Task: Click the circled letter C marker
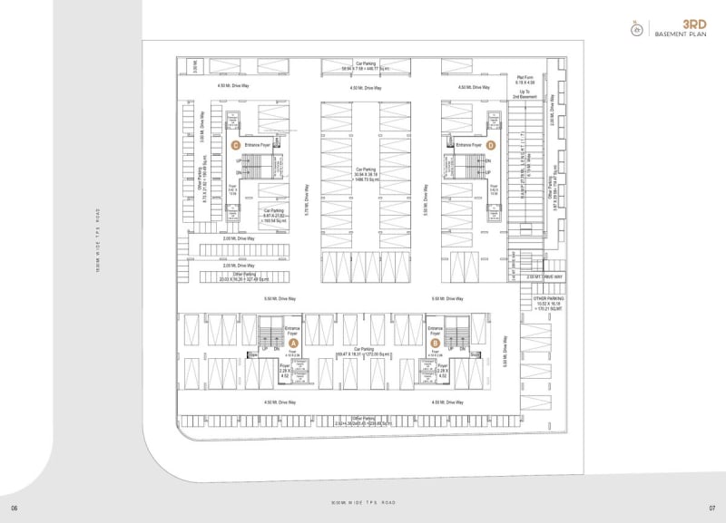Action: [x=235, y=144]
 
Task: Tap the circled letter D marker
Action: [x=490, y=144]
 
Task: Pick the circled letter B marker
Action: [x=435, y=343]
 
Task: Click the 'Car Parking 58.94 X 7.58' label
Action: [x=366, y=66]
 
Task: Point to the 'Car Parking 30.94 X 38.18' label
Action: [x=366, y=175]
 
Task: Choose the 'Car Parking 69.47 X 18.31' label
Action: [x=366, y=351]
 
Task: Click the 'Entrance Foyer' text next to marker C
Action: [x=259, y=145]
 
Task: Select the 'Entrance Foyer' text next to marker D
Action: [x=468, y=145]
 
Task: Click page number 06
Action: [x=14, y=505]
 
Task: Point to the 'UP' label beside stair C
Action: [x=239, y=161]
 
